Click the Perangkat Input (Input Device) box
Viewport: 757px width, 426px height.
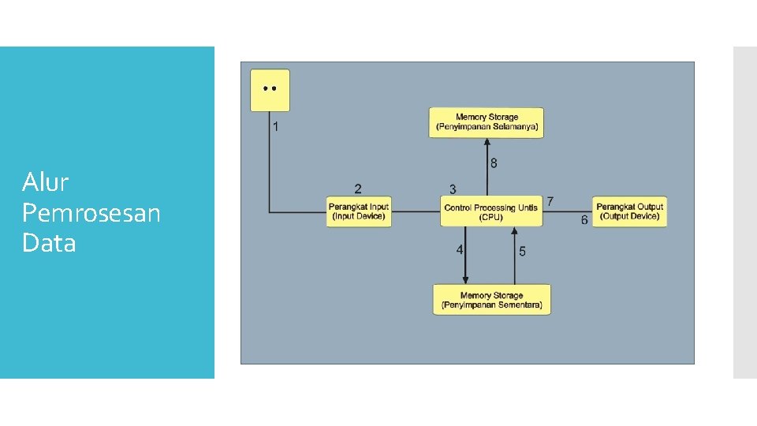pyautogui.click(x=359, y=211)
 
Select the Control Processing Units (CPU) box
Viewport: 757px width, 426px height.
pyautogui.click(x=491, y=211)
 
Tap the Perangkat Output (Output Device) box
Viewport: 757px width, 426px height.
pyautogui.click(x=629, y=211)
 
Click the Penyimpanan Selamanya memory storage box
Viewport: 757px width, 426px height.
pyautogui.click(x=487, y=123)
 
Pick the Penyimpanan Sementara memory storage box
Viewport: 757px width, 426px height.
pyautogui.click(x=491, y=300)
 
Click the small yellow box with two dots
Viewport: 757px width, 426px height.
pyautogui.click(x=270, y=90)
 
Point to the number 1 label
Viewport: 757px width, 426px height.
pyautogui.click(x=275, y=126)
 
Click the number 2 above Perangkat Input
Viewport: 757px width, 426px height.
pyautogui.click(x=358, y=189)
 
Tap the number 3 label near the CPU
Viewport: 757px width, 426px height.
pyautogui.click(x=453, y=189)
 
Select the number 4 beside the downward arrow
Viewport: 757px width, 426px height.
pyautogui.click(x=459, y=249)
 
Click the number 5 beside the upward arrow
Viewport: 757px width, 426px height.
pyautogui.click(x=522, y=251)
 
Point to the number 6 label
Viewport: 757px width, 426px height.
pyautogui.click(x=584, y=220)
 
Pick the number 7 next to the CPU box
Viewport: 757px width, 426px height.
pyautogui.click(x=550, y=201)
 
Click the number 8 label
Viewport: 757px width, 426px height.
pyautogui.click(x=494, y=163)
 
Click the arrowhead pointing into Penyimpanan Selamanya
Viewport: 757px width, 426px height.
pyautogui.click(x=487, y=142)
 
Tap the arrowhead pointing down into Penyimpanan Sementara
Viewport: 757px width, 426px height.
pyautogui.click(x=465, y=280)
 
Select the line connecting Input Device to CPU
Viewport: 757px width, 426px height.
pyautogui.click(x=416, y=211)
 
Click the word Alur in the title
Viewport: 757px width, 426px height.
pyautogui.click(x=46, y=182)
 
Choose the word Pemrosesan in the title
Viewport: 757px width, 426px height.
pyautogui.click(x=91, y=213)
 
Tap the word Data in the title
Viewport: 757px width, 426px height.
pyautogui.click(x=49, y=242)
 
